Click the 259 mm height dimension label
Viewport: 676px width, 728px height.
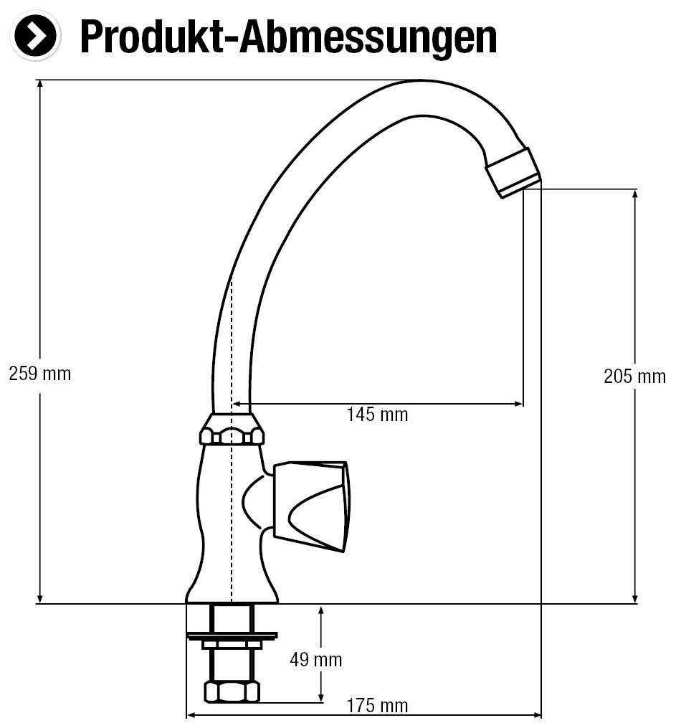pyautogui.click(x=40, y=374)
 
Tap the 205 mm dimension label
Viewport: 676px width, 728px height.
pyautogui.click(x=634, y=376)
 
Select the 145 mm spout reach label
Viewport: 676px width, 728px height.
pyautogui.click(x=377, y=415)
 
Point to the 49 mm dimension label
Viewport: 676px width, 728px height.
pyautogui.click(x=316, y=659)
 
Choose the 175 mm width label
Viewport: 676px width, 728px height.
pyautogui.click(x=377, y=706)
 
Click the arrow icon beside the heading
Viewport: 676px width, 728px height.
pyautogui.click(x=34, y=34)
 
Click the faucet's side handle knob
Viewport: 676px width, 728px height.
pyautogui.click(x=313, y=501)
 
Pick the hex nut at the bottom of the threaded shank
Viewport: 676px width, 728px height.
pyautogui.click(x=231, y=691)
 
